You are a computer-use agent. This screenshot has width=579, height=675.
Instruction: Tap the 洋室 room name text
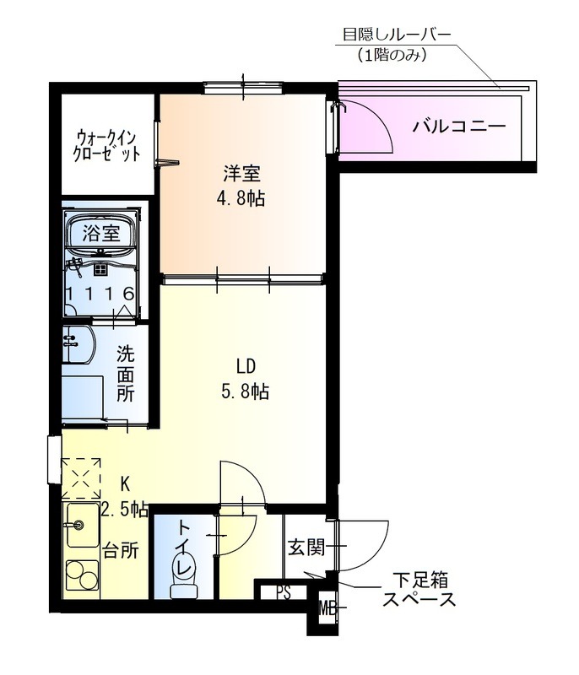[241, 175]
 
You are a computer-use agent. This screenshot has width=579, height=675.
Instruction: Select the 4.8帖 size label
[241, 199]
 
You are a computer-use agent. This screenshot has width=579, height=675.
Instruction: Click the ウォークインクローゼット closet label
[106, 145]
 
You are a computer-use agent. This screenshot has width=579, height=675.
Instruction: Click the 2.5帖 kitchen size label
[124, 509]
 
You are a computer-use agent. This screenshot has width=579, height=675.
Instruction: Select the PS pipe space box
[283, 591]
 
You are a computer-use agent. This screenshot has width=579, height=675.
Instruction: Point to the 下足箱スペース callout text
[419, 591]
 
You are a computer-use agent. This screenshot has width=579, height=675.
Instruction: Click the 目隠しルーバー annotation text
[396, 35]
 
